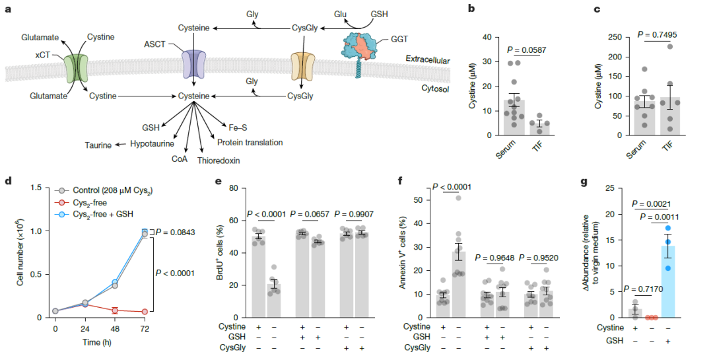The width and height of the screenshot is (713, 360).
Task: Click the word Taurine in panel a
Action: [x=98, y=143]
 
